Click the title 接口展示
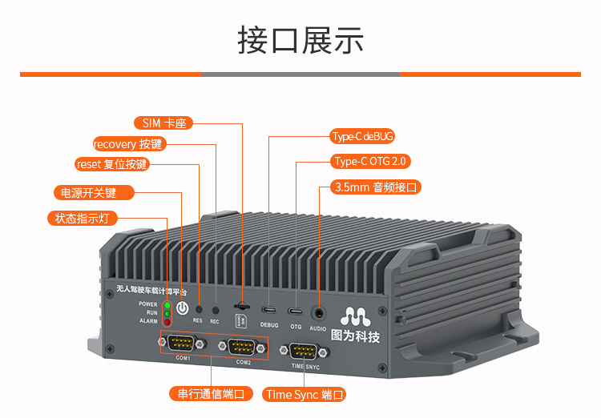300,39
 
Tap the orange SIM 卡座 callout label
163,123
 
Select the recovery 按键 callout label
128,144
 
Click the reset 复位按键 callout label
111,165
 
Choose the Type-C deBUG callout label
363,137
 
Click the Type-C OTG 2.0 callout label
370,162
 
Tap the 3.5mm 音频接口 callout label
376,187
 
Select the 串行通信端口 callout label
211,394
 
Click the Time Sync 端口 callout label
305,394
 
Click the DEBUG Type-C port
269,309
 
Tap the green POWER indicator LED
166,305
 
